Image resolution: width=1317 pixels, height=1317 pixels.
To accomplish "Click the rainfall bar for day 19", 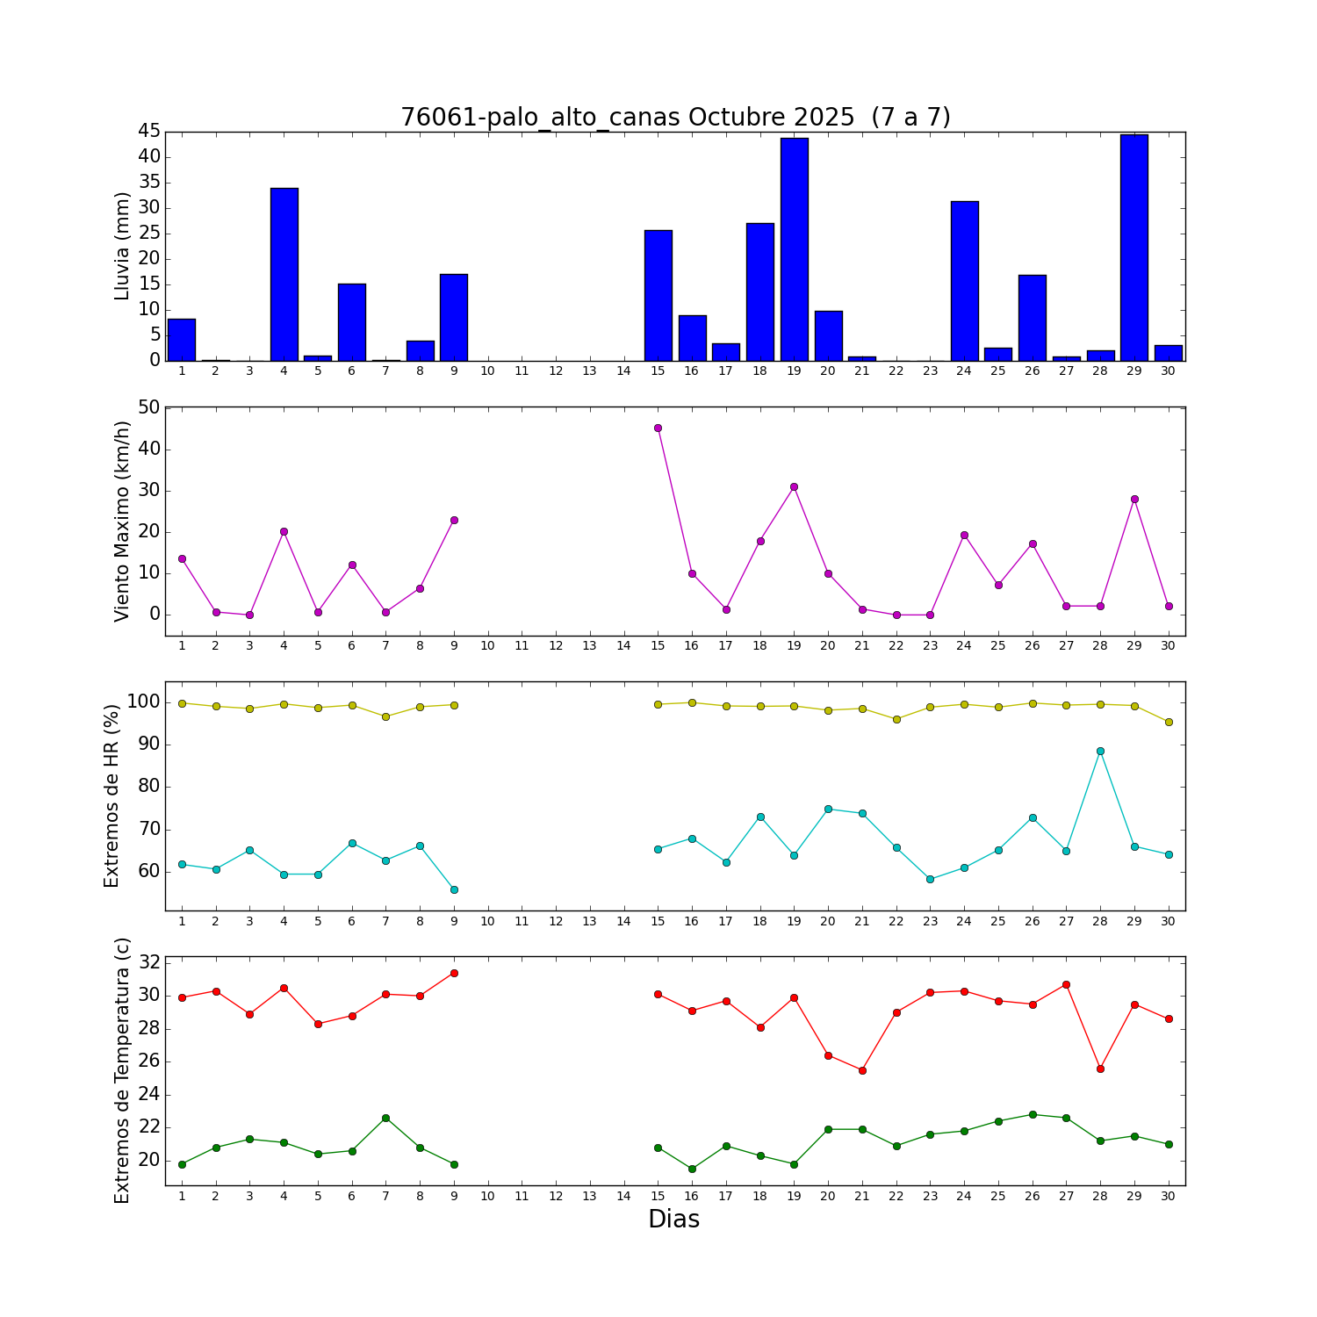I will pyautogui.click(x=794, y=249).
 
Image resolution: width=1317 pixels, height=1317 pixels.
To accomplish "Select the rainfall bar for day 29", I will pyautogui.click(x=1133, y=248).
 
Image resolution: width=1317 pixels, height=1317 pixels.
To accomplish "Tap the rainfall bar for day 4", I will pyautogui.click(x=284, y=274).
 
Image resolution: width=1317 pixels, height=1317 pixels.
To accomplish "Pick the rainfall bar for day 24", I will pyautogui.click(x=964, y=281).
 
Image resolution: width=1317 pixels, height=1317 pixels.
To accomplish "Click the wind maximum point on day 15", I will pyautogui.click(x=658, y=428).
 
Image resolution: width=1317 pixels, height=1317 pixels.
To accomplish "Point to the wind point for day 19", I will pyautogui.click(x=794, y=486).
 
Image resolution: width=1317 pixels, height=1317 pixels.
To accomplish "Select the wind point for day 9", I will pyautogui.click(x=454, y=520).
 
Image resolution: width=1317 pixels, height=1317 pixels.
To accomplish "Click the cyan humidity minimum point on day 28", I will pyautogui.click(x=1100, y=751).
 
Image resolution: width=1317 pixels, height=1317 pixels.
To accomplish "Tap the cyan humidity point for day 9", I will pyautogui.click(x=454, y=889).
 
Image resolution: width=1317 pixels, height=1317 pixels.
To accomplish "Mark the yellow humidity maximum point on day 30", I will pyautogui.click(x=1168, y=722).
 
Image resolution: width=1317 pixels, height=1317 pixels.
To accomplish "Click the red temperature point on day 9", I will pyautogui.click(x=454, y=973).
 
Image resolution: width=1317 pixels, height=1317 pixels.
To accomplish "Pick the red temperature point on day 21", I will pyautogui.click(x=862, y=1070).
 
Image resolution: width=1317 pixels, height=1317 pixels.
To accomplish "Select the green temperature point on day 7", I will pyautogui.click(x=385, y=1118).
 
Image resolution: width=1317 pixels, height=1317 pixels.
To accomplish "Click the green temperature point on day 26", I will pyautogui.click(x=1033, y=1114).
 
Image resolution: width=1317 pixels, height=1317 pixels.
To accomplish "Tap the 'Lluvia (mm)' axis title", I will pyautogui.click(x=122, y=246).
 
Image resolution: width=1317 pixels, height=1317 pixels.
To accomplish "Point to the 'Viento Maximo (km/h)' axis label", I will pyautogui.click(x=122, y=521).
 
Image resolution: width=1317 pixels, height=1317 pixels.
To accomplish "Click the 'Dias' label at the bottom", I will pyautogui.click(x=673, y=1219).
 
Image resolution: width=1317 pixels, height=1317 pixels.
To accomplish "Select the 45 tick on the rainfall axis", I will pyautogui.click(x=149, y=132).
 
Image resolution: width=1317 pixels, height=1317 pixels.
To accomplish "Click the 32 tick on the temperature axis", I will pyautogui.click(x=149, y=962).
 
